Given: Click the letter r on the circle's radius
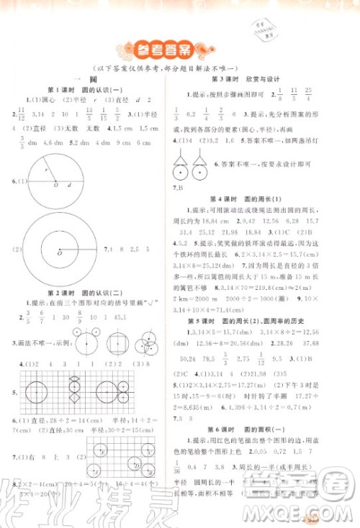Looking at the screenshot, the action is click(45, 172).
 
